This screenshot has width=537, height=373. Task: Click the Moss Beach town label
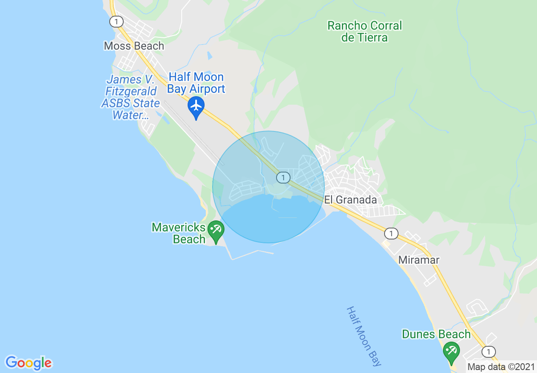pos(134,46)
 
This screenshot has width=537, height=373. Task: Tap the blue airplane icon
pos(196,106)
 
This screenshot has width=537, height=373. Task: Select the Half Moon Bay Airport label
pos(196,83)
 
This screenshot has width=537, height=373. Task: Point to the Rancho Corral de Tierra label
pos(365,32)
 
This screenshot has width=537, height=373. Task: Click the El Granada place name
pos(351,200)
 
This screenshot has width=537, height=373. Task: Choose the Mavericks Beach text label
pos(179,234)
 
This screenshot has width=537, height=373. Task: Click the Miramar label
pos(419,260)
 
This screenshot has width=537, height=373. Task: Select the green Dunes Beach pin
pos(451,352)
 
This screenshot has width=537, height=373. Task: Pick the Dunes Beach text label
pos(436,334)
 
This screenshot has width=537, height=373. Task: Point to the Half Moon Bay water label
pos(363,336)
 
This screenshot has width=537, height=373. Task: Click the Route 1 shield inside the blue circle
pos(283,177)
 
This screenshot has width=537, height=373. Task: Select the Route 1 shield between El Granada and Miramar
pos(392,233)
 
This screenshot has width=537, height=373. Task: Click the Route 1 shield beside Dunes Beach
pos(489,351)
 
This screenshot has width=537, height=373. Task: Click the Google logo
pos(28,363)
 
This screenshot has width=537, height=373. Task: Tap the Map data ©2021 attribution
pos(501,367)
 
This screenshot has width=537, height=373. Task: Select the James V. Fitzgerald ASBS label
pos(130,97)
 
